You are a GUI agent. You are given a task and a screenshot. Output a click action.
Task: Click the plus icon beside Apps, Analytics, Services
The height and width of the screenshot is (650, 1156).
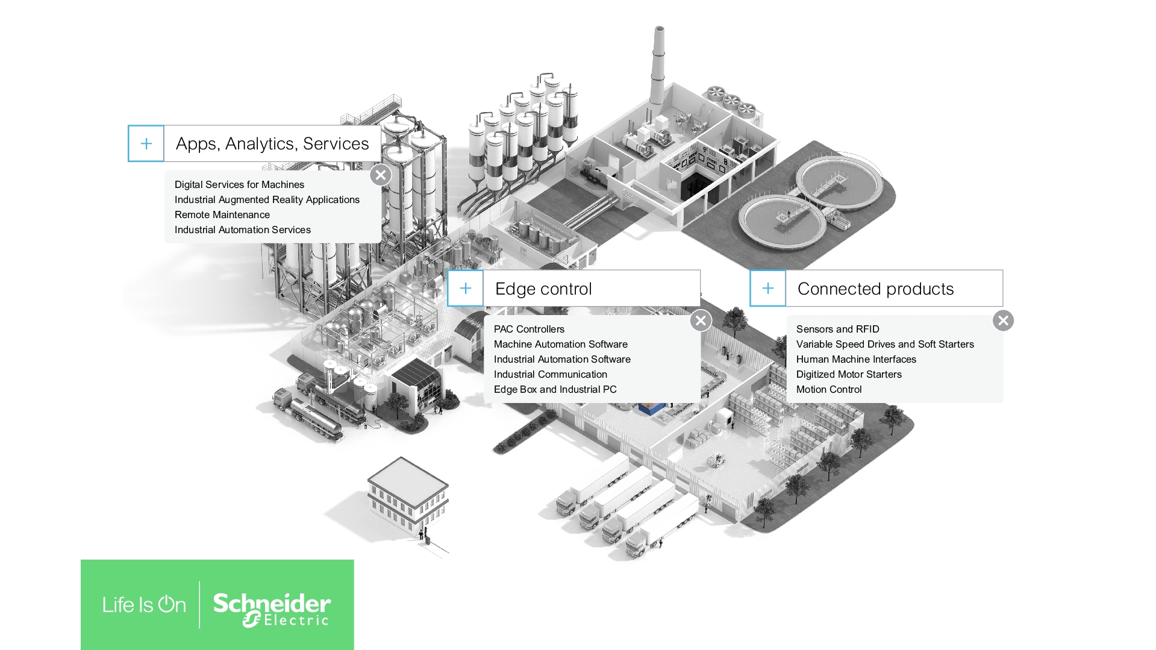[146, 143]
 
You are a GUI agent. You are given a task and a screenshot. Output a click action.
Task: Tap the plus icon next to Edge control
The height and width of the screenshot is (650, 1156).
[465, 288]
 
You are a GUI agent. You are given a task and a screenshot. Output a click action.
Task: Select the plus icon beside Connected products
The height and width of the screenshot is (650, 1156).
[767, 288]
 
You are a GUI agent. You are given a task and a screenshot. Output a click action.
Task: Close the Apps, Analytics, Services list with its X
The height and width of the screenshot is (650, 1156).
[380, 175]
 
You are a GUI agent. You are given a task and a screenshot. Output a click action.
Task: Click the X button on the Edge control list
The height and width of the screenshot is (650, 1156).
[701, 320]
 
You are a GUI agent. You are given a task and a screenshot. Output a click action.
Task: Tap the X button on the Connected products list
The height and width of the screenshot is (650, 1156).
[1003, 320]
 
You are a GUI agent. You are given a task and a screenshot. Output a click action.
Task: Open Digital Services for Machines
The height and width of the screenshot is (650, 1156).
[239, 184]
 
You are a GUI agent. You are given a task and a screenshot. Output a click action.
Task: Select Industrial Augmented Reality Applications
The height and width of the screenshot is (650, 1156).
[267, 199]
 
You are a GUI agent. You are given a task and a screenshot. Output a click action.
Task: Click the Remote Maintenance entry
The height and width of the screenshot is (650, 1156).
[222, 214]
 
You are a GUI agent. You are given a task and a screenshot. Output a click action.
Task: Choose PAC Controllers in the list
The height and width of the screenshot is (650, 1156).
[529, 329]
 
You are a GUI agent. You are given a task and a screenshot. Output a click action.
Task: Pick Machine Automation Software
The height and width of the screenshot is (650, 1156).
[560, 344]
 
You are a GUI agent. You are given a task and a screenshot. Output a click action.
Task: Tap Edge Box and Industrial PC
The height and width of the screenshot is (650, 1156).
[555, 389]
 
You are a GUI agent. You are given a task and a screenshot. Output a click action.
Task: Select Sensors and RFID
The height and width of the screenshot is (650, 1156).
[837, 329]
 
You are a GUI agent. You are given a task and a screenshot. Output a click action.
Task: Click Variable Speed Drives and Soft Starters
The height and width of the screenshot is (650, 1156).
[884, 344]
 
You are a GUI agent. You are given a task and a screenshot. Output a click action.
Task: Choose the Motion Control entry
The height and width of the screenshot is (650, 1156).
[828, 389]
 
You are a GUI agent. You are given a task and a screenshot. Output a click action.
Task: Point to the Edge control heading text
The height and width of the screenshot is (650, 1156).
[543, 289]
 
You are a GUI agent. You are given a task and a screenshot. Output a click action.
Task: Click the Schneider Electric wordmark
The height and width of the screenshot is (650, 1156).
[272, 608]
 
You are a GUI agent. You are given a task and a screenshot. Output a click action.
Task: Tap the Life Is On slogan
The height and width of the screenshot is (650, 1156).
[144, 605]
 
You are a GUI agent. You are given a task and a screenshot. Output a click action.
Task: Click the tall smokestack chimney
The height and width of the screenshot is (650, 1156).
[658, 66]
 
